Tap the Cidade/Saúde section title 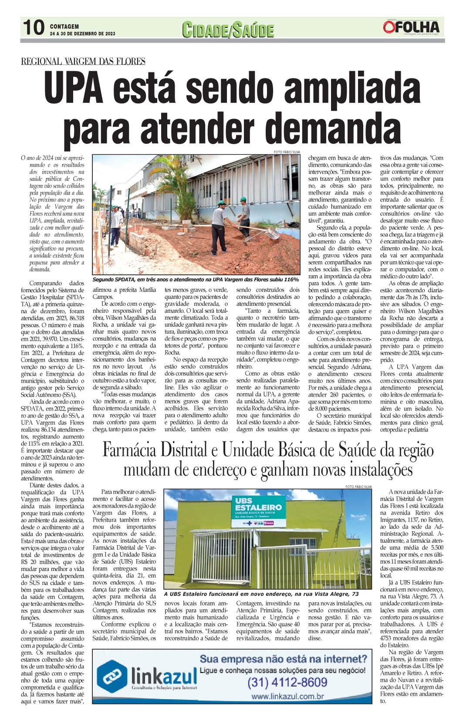(x=228, y=31)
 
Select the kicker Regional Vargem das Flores (x=83, y=62)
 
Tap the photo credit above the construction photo (x=287, y=152)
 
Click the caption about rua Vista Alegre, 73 (x=261, y=594)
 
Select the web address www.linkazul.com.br (x=287, y=697)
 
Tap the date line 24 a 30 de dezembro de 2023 (x=83, y=34)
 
